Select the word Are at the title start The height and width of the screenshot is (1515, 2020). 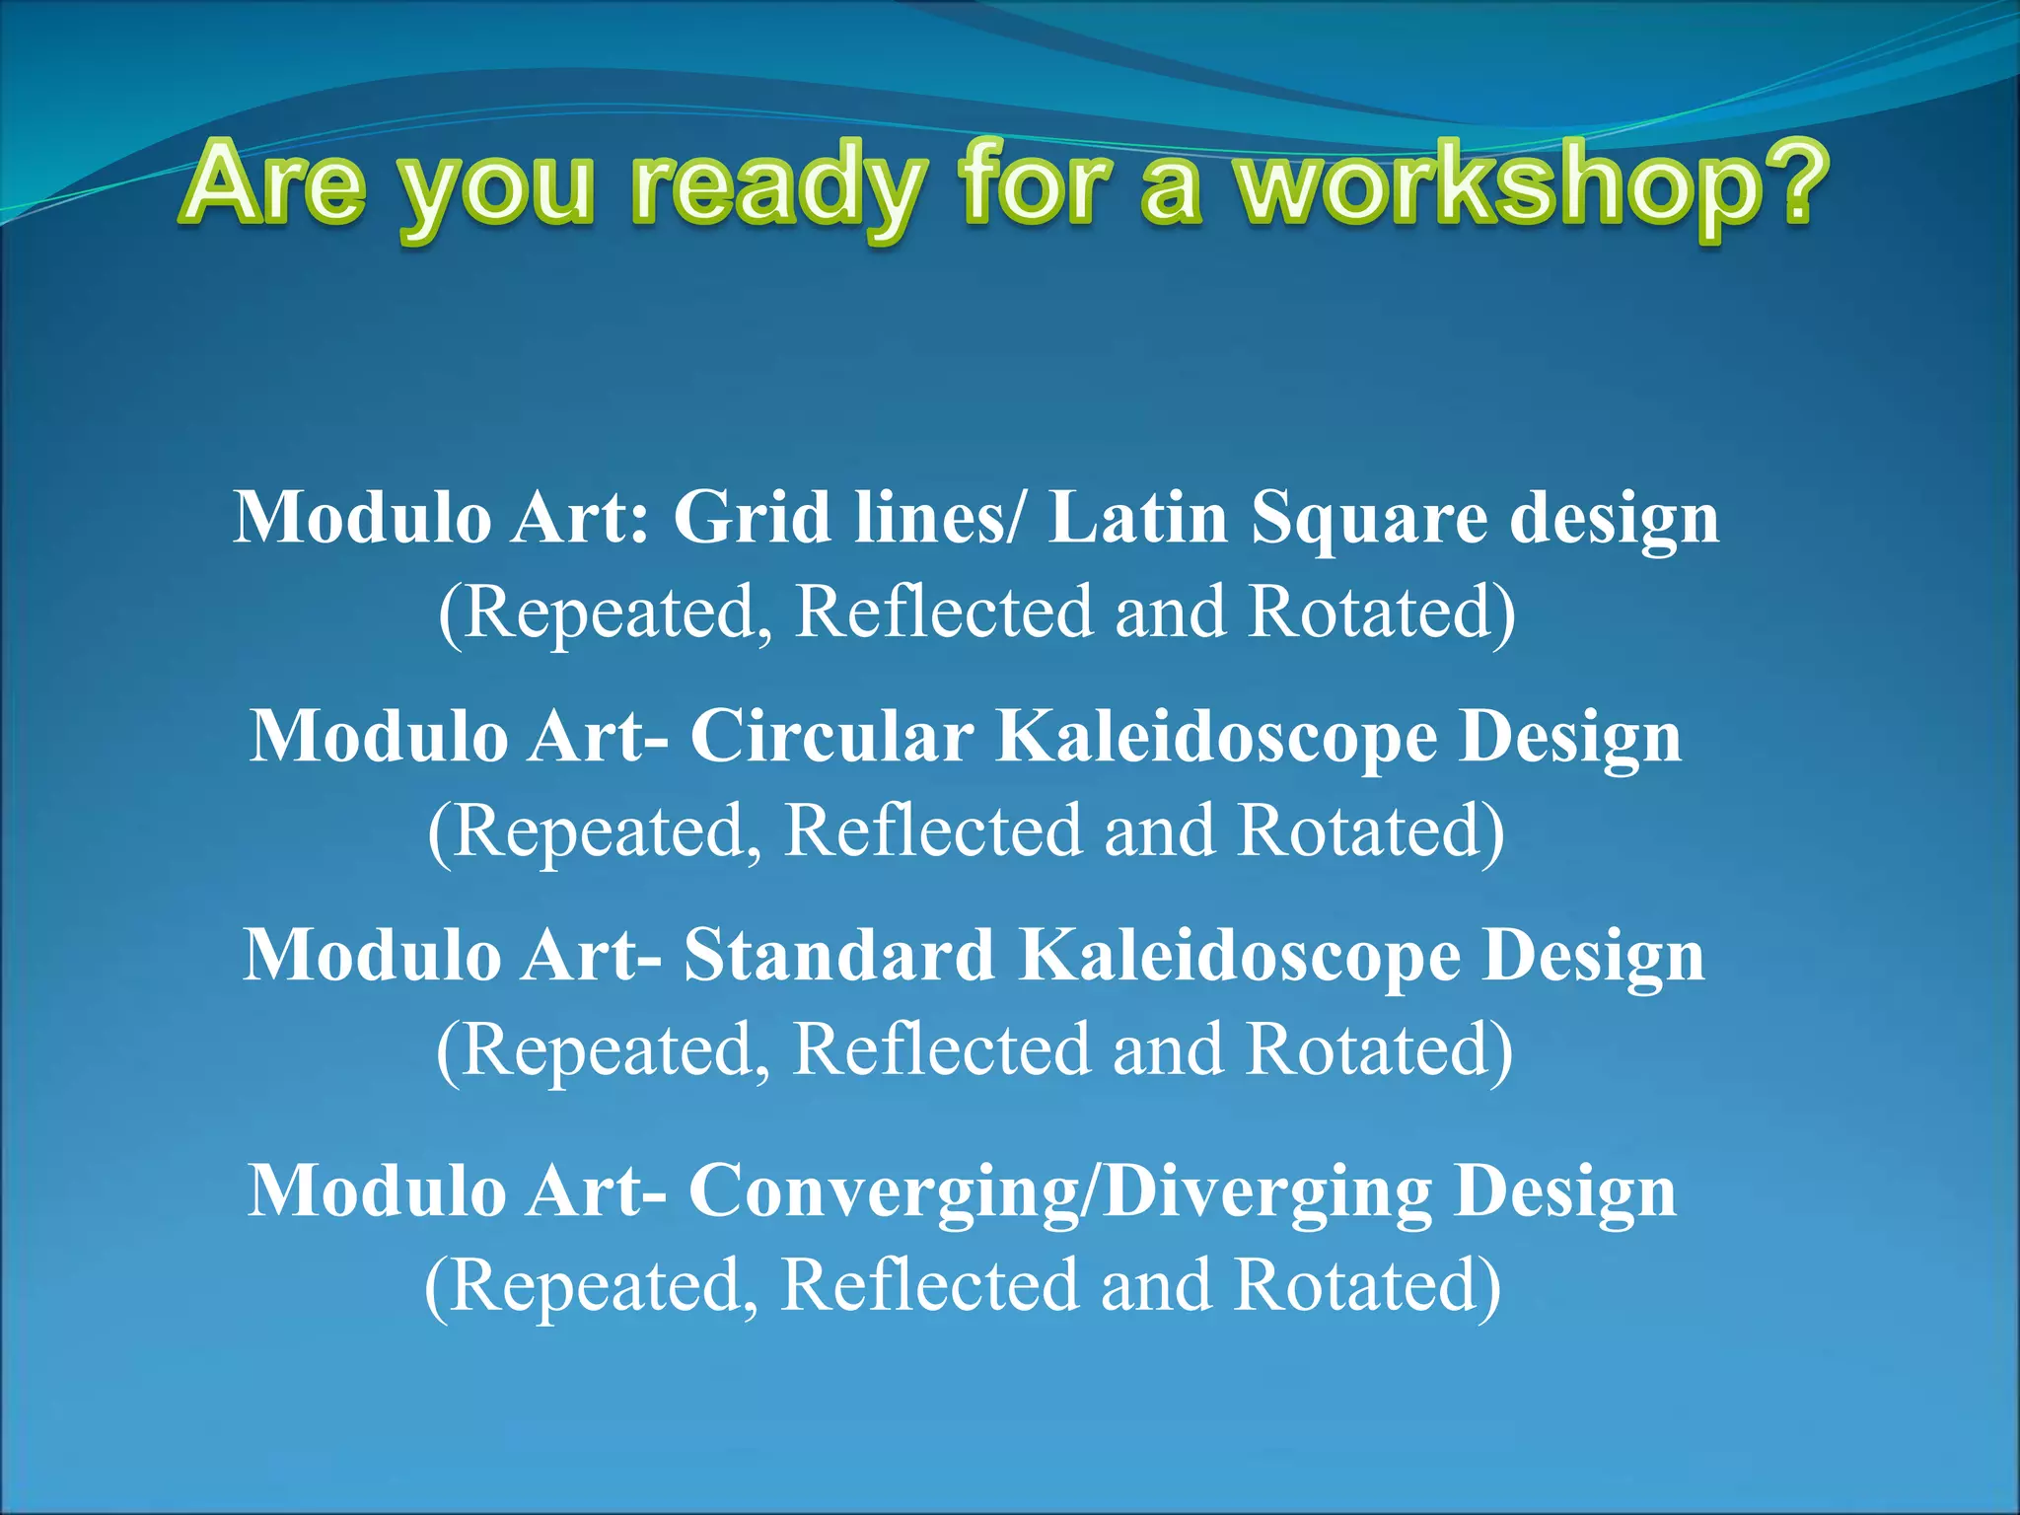coord(277,183)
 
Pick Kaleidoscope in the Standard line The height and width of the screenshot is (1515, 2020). coord(1239,957)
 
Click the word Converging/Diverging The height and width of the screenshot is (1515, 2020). coord(1059,1191)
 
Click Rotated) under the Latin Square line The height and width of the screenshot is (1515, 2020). coord(1381,613)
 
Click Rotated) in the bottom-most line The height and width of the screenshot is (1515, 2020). coord(1367,1284)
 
